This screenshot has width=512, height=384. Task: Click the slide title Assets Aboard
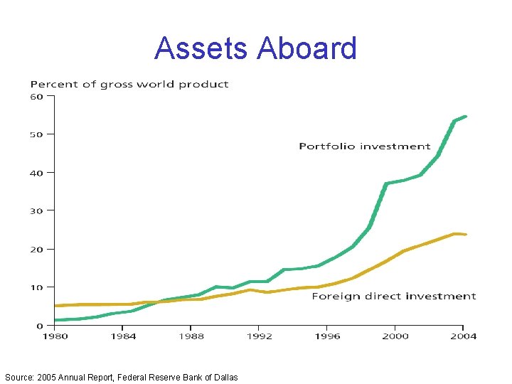tap(255, 48)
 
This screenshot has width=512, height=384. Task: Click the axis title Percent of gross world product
tap(129, 84)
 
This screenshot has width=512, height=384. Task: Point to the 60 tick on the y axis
tap(37, 96)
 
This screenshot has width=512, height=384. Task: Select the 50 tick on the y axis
tap(37, 134)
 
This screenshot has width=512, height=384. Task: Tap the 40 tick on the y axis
tap(37, 173)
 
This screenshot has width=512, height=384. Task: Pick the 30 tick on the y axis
tap(37, 211)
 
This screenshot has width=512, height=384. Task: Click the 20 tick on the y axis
tap(37, 250)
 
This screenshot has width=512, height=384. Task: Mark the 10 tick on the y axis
tap(37, 287)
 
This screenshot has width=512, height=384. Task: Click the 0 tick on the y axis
tap(40, 326)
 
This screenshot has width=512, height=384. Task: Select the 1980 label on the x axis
tap(55, 336)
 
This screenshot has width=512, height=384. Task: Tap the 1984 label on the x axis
tap(123, 336)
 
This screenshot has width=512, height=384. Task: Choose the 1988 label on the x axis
tap(191, 336)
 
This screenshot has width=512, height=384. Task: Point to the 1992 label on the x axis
tap(260, 336)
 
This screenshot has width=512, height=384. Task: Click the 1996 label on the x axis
tap(327, 336)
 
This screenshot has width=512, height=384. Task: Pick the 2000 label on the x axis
tap(395, 336)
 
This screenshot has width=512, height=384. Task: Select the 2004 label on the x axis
tap(463, 336)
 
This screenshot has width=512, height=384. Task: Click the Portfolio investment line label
tap(365, 146)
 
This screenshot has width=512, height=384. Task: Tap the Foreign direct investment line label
tap(394, 296)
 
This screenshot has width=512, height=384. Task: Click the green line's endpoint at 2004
tap(465, 117)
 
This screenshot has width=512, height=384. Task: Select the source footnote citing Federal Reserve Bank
tap(121, 377)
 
